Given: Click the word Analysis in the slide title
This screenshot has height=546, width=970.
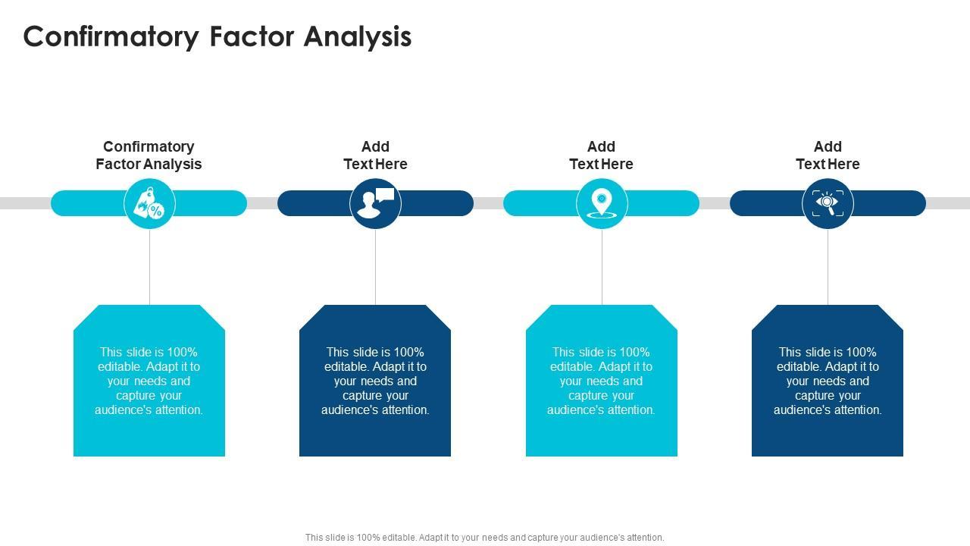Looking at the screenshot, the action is point(358,36).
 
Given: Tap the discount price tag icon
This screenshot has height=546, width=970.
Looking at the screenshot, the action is point(149,203).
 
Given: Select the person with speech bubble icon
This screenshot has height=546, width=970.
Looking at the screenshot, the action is point(375,203).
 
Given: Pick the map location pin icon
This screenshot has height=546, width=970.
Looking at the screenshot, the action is point(602,203).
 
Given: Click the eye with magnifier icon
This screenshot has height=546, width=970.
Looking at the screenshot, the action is point(828,203).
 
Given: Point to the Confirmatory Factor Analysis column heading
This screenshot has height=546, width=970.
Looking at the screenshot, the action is point(149,155).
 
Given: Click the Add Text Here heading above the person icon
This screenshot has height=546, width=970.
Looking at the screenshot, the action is point(375,155).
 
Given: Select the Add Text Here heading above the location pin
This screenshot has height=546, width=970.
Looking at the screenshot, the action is point(601,155).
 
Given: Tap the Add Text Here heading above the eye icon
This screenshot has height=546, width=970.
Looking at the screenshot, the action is point(828,155).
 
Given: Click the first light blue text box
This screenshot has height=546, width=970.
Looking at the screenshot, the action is point(149,381).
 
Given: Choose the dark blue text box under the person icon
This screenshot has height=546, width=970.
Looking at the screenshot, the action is point(375,381).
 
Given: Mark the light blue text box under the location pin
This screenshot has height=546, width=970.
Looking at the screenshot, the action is point(602,381).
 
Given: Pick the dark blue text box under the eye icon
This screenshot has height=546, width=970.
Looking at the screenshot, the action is point(828,381).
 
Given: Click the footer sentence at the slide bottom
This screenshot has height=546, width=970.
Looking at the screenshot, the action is point(485,538).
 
